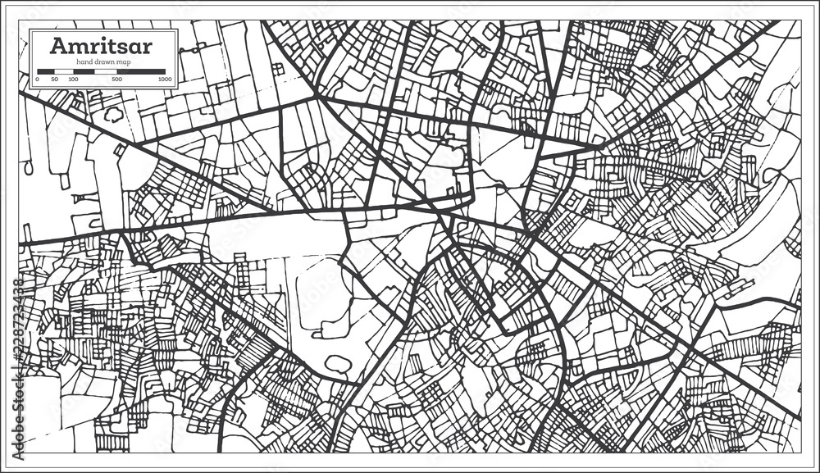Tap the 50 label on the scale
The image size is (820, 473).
54,80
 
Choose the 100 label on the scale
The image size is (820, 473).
73,80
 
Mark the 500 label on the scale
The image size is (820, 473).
116,80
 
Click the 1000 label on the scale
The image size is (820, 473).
165,80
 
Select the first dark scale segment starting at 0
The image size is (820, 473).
45,71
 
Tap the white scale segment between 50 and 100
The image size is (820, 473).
64,71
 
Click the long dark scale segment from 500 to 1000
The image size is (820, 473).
144,71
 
